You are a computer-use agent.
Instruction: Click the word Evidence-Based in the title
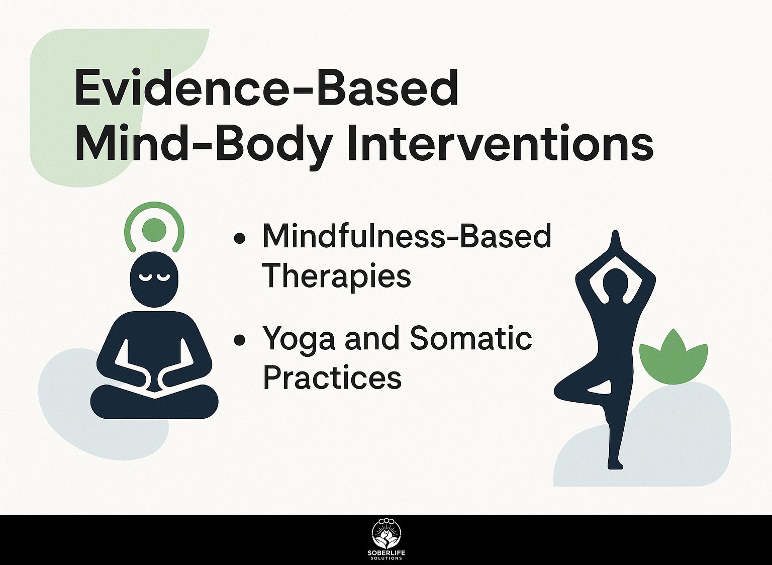pos(266,88)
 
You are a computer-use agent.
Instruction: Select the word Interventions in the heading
pos(501,142)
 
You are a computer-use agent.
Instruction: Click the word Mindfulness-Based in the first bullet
pos(407,236)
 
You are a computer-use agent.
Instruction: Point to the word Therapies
pos(337,276)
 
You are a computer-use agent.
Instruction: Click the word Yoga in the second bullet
pos(299,339)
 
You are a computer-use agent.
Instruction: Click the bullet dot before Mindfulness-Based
pos(240,238)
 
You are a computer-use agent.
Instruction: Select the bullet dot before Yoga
pos(240,339)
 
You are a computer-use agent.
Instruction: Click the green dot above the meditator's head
pos(154,230)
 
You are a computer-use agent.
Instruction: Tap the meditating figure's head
pos(154,279)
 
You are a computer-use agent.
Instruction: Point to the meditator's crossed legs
pos(154,401)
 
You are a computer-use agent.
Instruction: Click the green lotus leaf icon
pos(673,357)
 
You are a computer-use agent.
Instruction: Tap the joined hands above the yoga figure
pos(616,245)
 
